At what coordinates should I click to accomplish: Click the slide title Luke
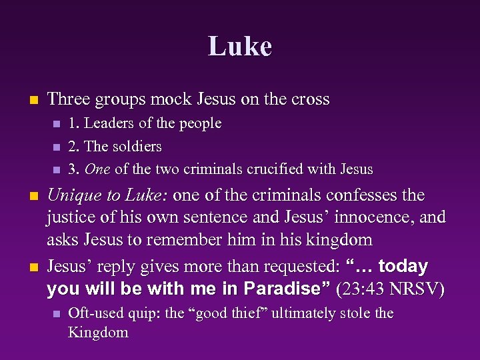(240, 47)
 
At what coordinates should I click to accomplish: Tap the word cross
(311, 99)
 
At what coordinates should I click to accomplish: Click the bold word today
(402, 267)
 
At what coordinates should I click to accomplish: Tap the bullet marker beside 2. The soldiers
(56, 147)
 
